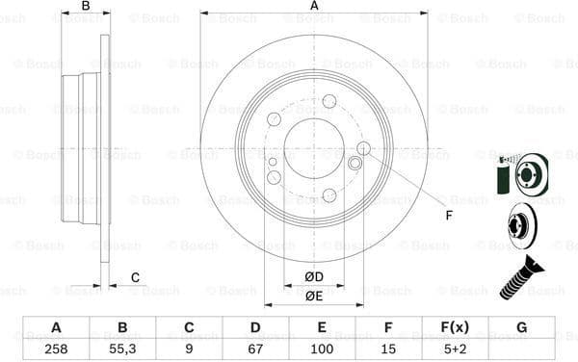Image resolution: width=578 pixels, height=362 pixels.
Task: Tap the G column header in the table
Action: (521, 326)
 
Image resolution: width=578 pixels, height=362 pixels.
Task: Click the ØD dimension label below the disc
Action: (314, 278)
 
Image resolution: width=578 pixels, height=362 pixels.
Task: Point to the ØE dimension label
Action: (314, 297)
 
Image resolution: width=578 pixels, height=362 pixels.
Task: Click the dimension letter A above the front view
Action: (314, 7)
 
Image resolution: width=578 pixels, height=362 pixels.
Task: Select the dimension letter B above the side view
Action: (86, 7)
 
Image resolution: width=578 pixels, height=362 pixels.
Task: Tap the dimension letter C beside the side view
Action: (135, 278)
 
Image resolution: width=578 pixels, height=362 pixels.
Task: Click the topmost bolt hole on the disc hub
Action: (329, 101)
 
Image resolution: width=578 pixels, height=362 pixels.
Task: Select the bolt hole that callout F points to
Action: (363, 147)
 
